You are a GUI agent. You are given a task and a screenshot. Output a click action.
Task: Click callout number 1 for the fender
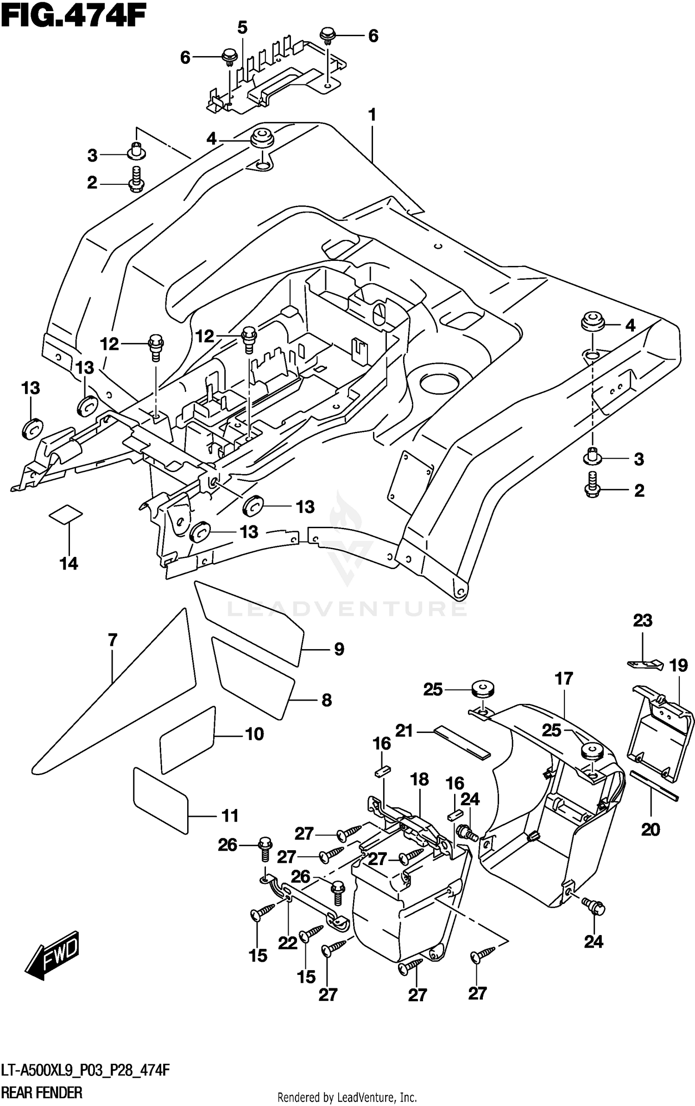pos(372,115)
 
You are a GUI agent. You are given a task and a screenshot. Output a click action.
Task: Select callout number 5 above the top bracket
pos(242,28)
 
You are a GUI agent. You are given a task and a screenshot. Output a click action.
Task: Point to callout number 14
pos(69,563)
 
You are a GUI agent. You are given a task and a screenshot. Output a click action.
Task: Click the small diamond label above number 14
pos(66,514)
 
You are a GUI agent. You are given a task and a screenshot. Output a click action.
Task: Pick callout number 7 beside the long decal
pos(113,640)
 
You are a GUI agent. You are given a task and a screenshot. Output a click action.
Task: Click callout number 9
pos(339,649)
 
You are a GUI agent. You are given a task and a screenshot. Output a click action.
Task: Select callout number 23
pos(643,620)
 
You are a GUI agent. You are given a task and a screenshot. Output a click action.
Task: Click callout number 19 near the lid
pos(678,666)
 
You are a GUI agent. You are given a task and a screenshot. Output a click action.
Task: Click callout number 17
pos(564,679)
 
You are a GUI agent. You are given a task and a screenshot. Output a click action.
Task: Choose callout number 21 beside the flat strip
pos(404,731)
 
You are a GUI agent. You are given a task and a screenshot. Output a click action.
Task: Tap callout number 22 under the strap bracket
pos(287,942)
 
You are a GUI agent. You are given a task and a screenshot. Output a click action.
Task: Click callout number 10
pos(254,733)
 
